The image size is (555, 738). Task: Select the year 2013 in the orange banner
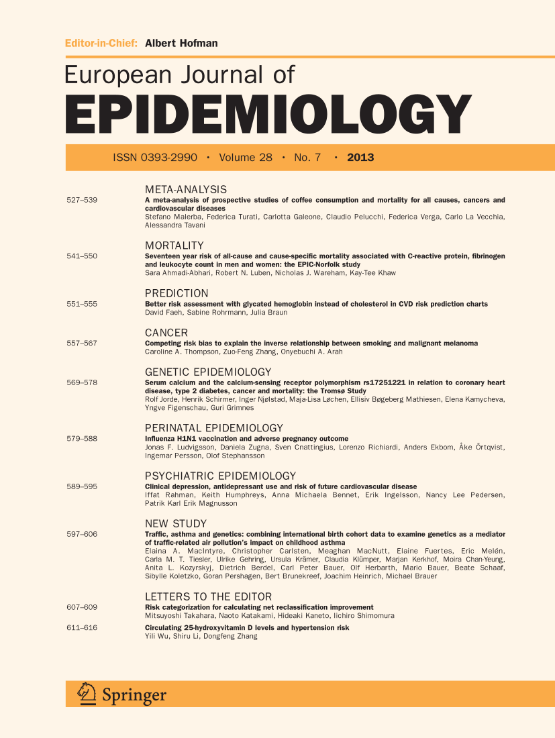(x=360, y=158)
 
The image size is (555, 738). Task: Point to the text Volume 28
(x=246, y=158)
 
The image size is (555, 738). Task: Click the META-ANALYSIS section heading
(x=186, y=190)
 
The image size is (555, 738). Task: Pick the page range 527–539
(x=82, y=201)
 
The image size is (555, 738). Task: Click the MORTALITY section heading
(x=174, y=246)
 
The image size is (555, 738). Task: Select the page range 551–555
(x=82, y=304)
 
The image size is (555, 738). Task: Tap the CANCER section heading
(x=166, y=333)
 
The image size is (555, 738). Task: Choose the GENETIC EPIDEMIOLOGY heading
(x=208, y=372)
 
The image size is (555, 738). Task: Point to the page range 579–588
(x=82, y=439)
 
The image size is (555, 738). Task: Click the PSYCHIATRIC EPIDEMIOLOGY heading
(x=221, y=476)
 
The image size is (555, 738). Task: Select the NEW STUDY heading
(x=176, y=523)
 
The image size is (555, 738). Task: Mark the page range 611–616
(x=82, y=627)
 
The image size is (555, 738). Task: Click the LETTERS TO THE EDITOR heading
(x=209, y=596)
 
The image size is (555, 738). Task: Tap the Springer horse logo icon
(x=87, y=693)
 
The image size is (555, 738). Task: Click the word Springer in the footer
(x=134, y=695)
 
